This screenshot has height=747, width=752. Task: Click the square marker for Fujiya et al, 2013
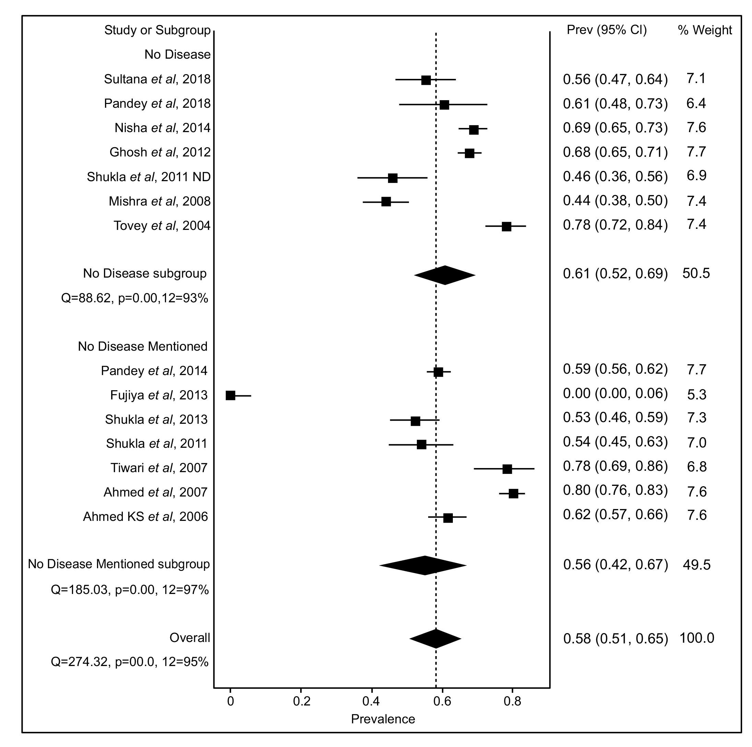[x=231, y=396]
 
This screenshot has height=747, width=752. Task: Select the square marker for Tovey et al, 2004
[x=506, y=226]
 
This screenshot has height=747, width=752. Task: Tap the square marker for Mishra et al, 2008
[x=386, y=202]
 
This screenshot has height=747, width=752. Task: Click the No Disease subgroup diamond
[x=445, y=275]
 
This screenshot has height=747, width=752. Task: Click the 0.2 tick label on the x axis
[x=302, y=701]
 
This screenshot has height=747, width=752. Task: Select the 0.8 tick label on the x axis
[x=512, y=701]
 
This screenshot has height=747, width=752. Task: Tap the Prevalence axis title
[x=383, y=719]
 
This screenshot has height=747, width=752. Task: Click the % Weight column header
[x=705, y=30]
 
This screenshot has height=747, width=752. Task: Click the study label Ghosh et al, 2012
[x=160, y=152]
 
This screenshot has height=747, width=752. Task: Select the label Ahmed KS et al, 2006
[x=145, y=516]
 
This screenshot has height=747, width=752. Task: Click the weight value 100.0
[x=696, y=638]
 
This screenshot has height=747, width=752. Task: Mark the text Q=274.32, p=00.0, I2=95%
[x=130, y=662]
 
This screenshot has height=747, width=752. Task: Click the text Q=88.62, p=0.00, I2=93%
[x=135, y=298]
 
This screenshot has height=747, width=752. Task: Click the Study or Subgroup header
[x=157, y=30]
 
